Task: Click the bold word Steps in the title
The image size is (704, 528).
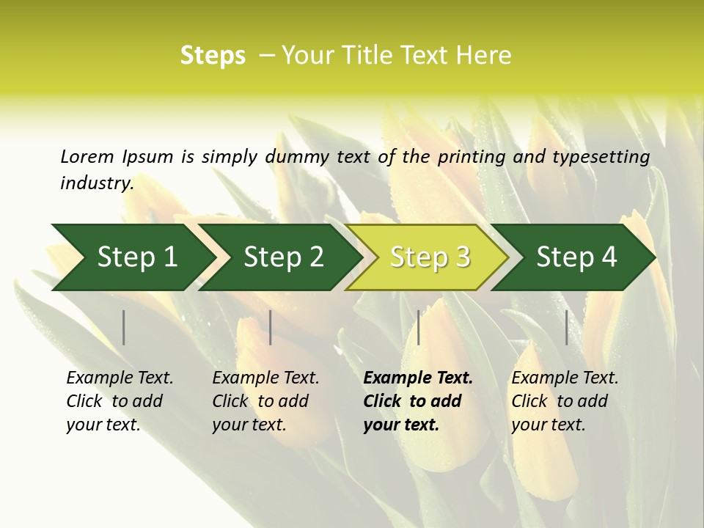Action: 213,56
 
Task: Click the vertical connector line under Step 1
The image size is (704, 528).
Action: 124,327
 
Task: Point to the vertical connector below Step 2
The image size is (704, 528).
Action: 271,327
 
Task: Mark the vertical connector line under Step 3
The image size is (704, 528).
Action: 419,327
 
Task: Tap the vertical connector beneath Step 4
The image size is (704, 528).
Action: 567,327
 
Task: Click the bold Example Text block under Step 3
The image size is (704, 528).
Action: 418,401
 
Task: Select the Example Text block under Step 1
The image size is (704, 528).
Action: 120,401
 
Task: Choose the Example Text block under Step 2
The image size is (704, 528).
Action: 265,401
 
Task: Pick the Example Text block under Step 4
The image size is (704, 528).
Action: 565,401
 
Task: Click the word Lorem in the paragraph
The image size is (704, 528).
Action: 87,156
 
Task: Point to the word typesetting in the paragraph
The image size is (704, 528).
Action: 601,157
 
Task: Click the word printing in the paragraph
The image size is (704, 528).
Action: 467,157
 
